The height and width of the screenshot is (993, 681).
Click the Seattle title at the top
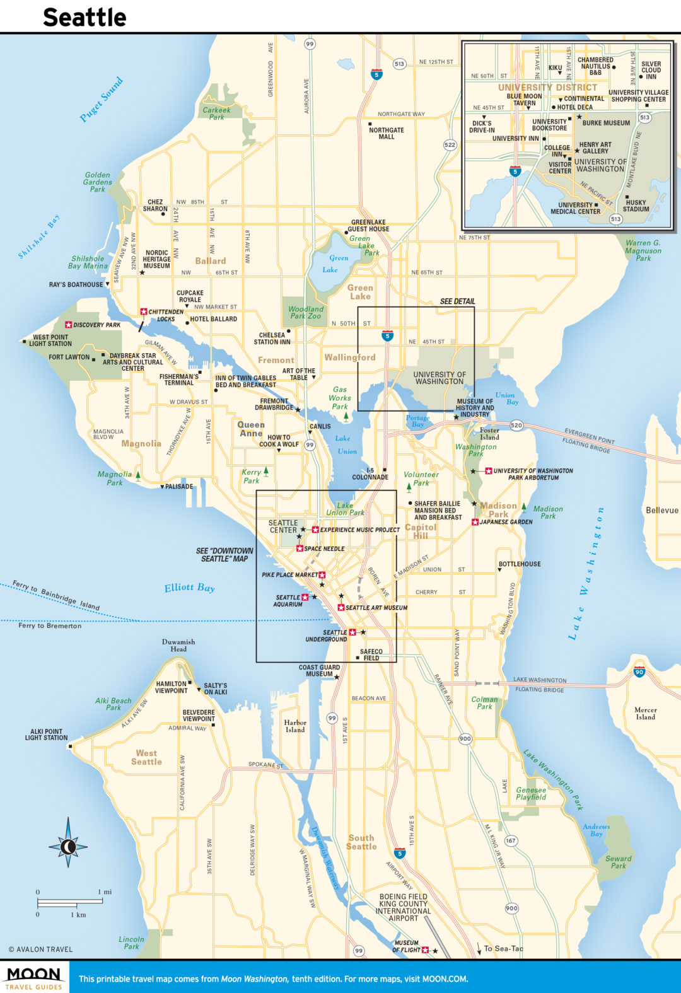point(84,17)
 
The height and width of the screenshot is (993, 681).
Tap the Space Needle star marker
point(300,549)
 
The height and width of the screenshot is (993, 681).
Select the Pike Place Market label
point(290,575)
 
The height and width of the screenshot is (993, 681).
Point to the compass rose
point(68,846)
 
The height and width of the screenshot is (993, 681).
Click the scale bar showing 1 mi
point(69,900)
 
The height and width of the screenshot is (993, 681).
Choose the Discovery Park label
point(96,325)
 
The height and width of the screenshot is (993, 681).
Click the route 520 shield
point(516,426)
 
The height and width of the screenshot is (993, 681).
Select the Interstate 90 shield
point(639,672)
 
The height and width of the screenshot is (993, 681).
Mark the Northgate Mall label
point(387,133)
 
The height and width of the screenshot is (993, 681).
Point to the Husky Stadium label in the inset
point(636,206)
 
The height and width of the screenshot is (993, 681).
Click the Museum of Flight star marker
point(425,949)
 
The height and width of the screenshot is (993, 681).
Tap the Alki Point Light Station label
point(46,735)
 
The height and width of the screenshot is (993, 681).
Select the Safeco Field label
point(371,654)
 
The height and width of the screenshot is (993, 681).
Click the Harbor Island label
point(295,726)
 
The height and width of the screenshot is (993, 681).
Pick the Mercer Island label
point(645,713)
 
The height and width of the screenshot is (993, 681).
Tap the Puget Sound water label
point(102,99)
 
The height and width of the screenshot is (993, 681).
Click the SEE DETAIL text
point(458,301)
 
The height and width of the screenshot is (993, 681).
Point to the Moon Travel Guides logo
point(34,977)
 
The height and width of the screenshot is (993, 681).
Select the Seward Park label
point(618,862)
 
